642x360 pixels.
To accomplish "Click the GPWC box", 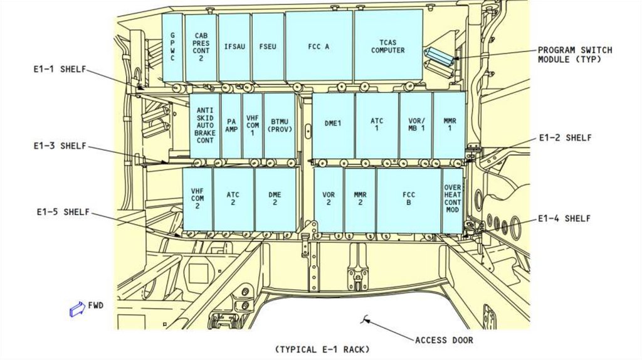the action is point(172,48).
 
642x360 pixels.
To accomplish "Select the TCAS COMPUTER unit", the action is point(388,45).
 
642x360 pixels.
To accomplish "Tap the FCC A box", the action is point(318,46).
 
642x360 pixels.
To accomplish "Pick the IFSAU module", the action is point(234,48).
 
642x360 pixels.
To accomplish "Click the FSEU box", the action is point(268,47).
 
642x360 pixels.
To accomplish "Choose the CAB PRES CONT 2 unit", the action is point(201,48).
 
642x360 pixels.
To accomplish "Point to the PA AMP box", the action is point(231,125).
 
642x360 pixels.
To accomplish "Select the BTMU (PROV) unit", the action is point(280,125).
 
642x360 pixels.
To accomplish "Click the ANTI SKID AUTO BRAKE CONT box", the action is point(205,125).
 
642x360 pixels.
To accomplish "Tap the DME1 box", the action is point(333,125).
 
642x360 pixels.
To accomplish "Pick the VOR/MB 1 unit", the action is point(416,125).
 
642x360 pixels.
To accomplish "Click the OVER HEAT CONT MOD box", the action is point(453,200).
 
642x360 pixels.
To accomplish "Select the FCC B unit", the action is point(409,200).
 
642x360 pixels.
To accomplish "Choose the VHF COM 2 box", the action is point(197,200).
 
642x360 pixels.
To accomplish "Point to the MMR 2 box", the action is point(360,200).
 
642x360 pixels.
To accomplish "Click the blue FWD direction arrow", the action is point(77,309).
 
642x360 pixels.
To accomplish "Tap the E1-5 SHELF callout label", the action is point(63,212).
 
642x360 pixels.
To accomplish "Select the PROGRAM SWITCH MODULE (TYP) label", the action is point(575,55).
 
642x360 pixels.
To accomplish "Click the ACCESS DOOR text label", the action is point(445,341).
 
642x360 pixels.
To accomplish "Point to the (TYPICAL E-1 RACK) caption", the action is point(322,350).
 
